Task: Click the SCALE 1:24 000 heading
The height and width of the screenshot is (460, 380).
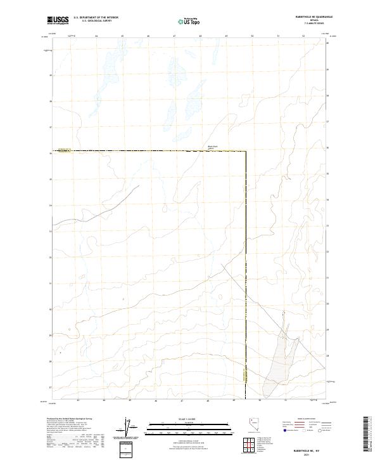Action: tap(172, 418)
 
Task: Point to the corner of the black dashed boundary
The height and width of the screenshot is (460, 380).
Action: tap(246, 151)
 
